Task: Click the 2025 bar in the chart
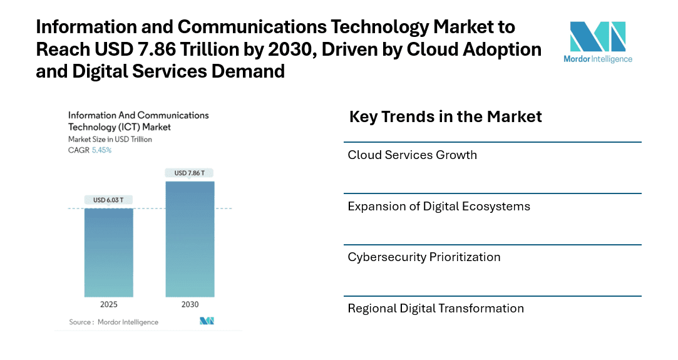coord(108,252)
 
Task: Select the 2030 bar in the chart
coord(190,239)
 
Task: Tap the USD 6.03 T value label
coord(108,200)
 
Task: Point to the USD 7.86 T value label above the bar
coord(190,173)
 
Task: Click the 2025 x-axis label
coord(108,304)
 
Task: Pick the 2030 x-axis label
coord(190,304)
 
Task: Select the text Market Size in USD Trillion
coord(110,139)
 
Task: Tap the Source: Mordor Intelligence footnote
coord(113,322)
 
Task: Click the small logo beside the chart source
coord(207,321)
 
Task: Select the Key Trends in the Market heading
coord(445,117)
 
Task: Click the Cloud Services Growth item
coord(412,155)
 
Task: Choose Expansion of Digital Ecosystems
coord(438,207)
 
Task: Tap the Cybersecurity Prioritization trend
coord(424,257)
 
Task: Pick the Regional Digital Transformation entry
coord(435,309)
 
